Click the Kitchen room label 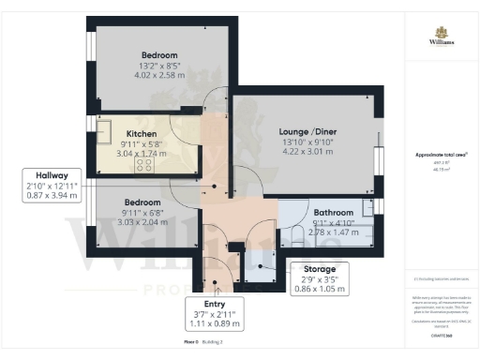142,134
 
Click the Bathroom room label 333,212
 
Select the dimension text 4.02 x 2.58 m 159,73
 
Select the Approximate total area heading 440,152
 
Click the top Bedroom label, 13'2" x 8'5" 159,54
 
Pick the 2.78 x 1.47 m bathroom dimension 333,230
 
